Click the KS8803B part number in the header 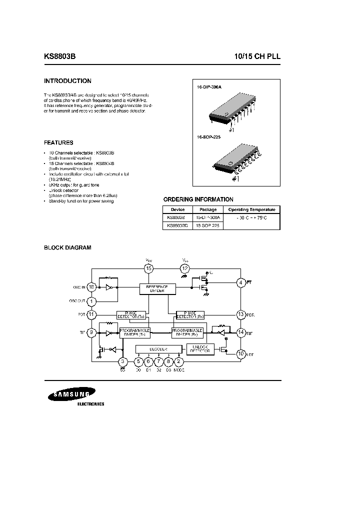[60, 57]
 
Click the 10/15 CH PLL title [257, 57]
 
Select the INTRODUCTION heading [67, 81]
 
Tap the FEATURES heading [58, 142]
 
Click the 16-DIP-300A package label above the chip [209, 87]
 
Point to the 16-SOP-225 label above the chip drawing [209, 136]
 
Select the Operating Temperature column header [251, 209]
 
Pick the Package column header [208, 209]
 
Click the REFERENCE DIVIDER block [157, 289]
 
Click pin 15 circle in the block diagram [148, 269]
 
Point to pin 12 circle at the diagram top [185, 269]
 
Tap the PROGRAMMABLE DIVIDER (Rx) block [187, 332]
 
